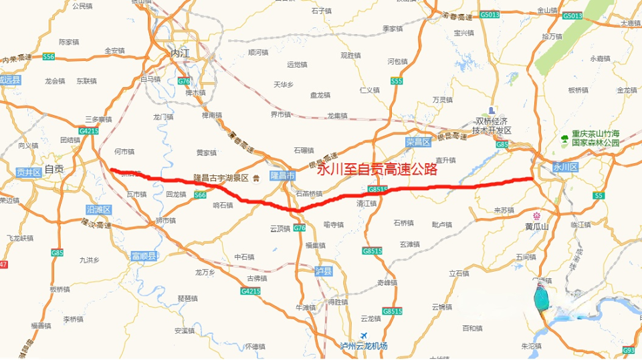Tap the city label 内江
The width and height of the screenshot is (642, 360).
point(181,53)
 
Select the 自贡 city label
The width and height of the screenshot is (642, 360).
point(54,169)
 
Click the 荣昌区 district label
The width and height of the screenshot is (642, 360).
point(418,142)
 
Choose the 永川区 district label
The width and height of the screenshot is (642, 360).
point(564,167)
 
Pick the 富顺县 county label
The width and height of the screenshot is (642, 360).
point(143,256)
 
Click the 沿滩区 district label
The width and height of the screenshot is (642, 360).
point(98,209)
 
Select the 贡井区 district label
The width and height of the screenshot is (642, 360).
point(28,172)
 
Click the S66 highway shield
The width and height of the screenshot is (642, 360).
point(200,195)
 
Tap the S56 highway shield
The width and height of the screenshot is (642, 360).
point(48,57)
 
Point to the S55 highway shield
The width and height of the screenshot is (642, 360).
point(397,81)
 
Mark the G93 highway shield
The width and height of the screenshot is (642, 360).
point(629,350)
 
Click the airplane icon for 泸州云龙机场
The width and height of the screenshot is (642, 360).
point(364,335)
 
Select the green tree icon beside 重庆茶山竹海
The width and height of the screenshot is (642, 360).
point(564,139)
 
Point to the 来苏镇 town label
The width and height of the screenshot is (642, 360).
point(503,210)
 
